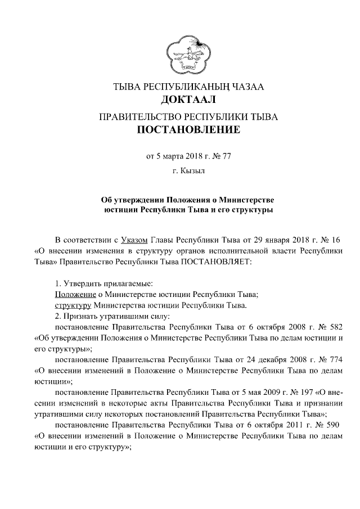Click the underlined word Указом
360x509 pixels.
(135, 241)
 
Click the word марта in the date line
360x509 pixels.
(173, 157)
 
